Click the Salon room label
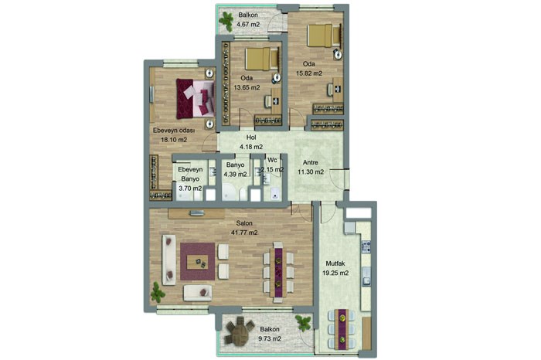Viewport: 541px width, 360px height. click(x=244, y=223)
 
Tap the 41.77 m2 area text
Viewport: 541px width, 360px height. click(x=244, y=233)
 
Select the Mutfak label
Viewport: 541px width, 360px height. click(x=335, y=263)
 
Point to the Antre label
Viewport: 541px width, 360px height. click(x=311, y=162)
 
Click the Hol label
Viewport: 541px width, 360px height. click(x=251, y=138)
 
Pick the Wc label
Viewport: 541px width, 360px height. click(x=272, y=161)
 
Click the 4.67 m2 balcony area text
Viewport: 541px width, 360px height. click(x=248, y=25)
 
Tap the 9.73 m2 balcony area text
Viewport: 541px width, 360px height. click(x=270, y=338)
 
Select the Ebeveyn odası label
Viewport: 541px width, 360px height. click(x=174, y=131)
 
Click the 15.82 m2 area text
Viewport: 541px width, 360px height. click(x=309, y=73)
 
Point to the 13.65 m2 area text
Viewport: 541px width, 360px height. click(x=247, y=87)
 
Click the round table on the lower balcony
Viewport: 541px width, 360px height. click(x=239, y=331)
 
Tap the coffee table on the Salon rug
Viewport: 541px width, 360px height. click(x=197, y=263)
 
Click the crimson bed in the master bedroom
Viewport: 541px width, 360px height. click(x=195, y=99)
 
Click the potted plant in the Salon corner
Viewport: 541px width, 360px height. click(x=158, y=292)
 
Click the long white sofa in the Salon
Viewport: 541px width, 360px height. click(x=169, y=260)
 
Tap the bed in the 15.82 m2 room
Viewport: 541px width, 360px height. click(x=325, y=36)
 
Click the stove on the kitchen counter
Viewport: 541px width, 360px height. click(x=366, y=246)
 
